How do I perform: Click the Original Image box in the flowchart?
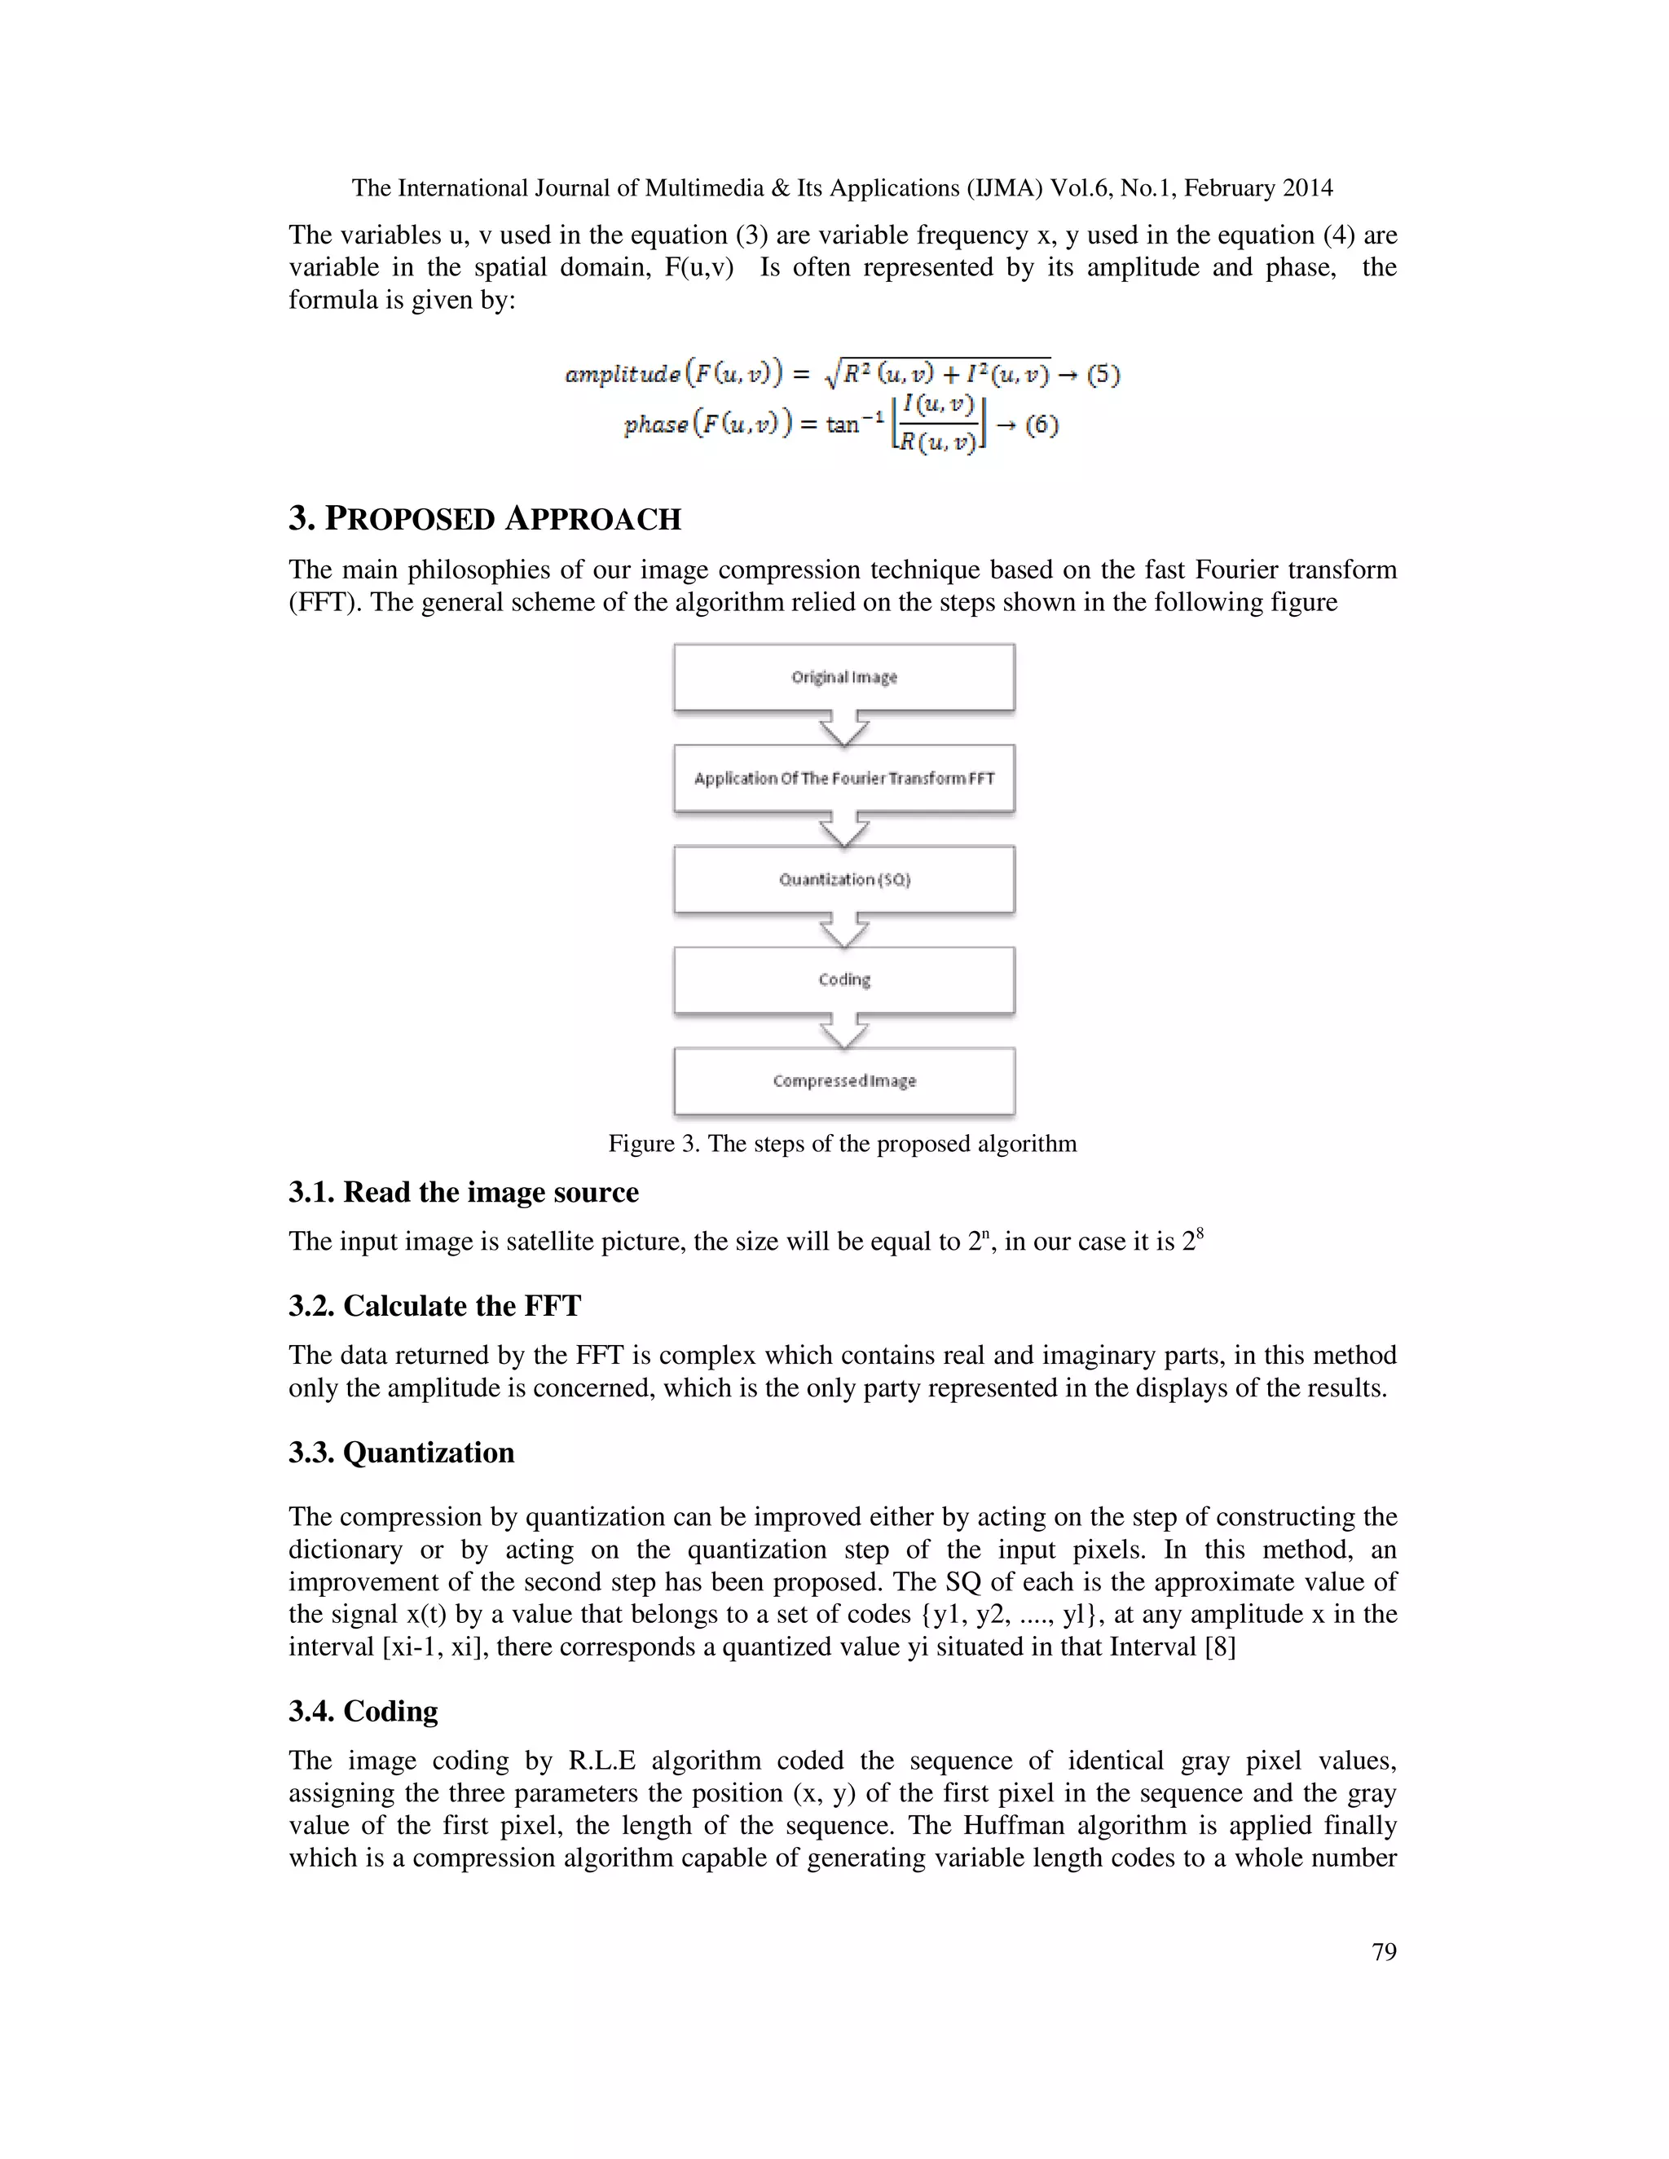[843, 677]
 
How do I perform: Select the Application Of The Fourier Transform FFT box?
[843, 778]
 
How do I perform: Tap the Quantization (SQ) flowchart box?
[843, 879]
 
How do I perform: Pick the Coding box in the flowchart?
[843, 979]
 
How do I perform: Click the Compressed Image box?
[843, 1080]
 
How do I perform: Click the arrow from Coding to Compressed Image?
[843, 1031]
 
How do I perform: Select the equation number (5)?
[1103, 375]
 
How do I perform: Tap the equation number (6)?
[1041, 425]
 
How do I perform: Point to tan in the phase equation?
[843, 425]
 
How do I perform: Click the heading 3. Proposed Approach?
[485, 519]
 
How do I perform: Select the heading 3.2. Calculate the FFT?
[434, 1306]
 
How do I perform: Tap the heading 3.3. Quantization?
[402, 1452]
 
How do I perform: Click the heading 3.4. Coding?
[363, 1711]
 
